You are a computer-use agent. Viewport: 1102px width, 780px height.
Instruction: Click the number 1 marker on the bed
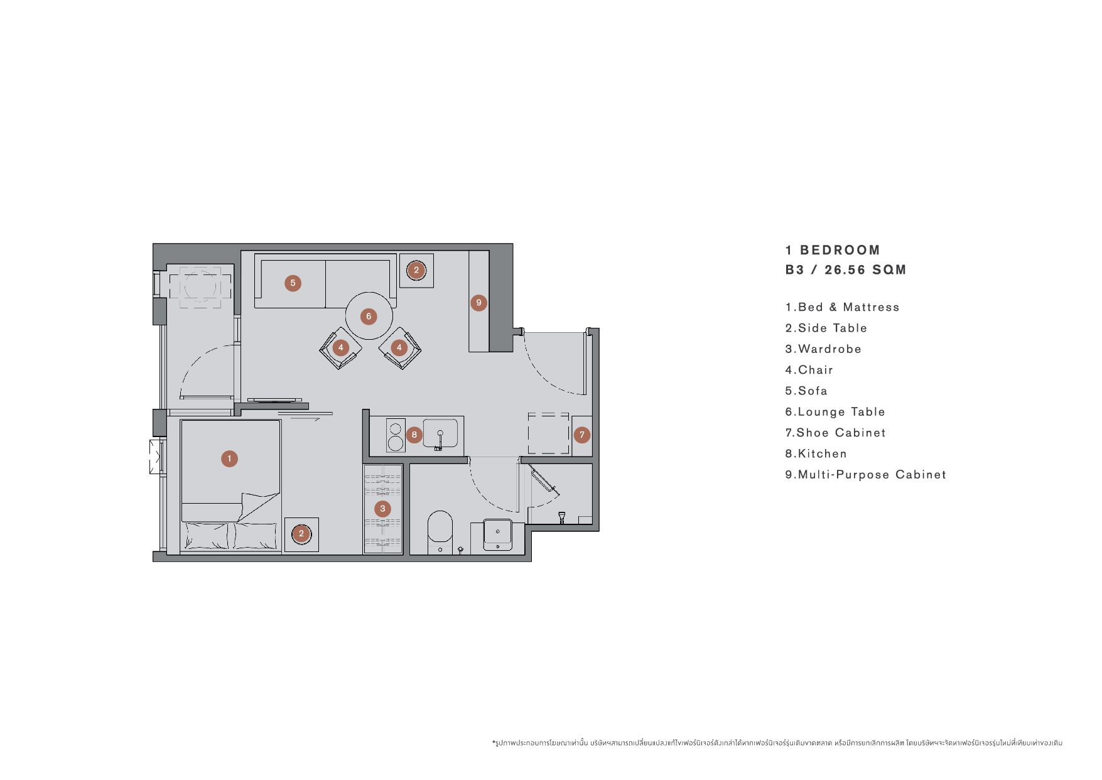[229, 458]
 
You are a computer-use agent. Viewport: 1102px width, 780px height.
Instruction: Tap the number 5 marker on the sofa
[293, 283]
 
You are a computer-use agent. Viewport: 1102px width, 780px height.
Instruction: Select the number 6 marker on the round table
[369, 317]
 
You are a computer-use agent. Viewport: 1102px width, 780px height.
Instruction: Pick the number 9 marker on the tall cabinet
[478, 303]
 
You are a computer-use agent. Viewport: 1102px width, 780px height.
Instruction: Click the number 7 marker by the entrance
[582, 435]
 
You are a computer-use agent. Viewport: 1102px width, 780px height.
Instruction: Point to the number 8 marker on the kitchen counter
[414, 435]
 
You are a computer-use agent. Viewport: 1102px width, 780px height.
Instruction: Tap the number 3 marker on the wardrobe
[382, 509]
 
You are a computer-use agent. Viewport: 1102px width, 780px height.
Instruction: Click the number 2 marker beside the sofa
[416, 271]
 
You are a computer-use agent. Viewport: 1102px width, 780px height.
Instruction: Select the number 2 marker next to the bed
[301, 534]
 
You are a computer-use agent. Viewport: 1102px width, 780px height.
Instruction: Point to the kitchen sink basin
[440, 433]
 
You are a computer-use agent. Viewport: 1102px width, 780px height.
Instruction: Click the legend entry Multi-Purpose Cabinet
[865, 475]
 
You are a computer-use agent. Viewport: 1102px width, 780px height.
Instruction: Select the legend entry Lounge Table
[835, 412]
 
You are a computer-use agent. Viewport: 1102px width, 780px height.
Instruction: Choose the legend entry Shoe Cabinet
[835, 433]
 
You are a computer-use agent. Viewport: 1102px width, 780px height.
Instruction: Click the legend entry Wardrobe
[823, 349]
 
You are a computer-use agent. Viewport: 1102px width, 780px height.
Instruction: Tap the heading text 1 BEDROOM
[833, 250]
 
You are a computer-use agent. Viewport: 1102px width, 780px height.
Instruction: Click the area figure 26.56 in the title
[845, 270]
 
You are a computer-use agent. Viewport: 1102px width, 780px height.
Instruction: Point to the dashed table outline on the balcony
[200, 287]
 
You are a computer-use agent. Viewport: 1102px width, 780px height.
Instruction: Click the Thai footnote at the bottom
[777, 743]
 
